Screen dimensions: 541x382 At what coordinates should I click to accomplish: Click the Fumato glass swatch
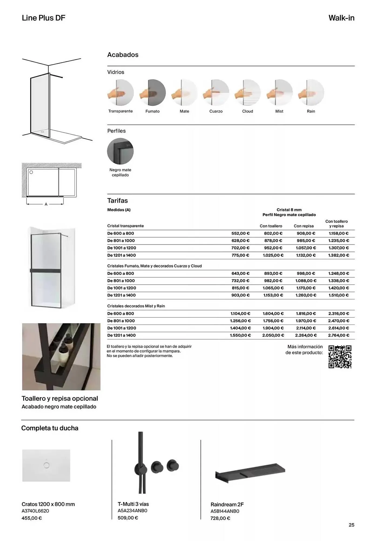click(x=153, y=93)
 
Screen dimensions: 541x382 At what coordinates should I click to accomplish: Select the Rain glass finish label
click(x=311, y=111)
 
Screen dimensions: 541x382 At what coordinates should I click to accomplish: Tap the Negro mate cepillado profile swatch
click(x=120, y=151)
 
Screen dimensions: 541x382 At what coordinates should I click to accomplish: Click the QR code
click(x=340, y=357)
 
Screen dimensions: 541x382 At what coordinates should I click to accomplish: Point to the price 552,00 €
click(x=240, y=233)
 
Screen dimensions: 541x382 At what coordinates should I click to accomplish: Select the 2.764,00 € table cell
click(x=339, y=335)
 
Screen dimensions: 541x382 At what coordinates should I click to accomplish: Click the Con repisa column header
click(x=304, y=226)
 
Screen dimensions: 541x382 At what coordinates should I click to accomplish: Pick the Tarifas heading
click(x=118, y=201)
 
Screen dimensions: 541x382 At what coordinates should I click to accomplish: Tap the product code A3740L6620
click(x=35, y=511)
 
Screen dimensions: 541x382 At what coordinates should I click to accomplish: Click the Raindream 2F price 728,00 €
click(x=220, y=518)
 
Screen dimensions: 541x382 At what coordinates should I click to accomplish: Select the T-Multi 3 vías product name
click(x=133, y=504)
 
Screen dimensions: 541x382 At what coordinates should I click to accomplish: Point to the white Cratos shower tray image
click(x=46, y=466)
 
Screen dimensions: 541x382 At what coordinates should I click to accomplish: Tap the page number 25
click(x=351, y=525)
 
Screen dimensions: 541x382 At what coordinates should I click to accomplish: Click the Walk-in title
click(x=341, y=18)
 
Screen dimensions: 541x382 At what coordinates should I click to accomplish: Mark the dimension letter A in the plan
click(x=46, y=204)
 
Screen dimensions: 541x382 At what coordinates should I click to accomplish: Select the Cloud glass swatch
click(x=247, y=93)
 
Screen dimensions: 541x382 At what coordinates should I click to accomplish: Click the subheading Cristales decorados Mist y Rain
click(x=136, y=306)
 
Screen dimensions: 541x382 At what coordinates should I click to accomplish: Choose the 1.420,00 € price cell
click(x=339, y=288)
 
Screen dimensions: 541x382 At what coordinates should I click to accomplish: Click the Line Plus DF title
click(x=43, y=18)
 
